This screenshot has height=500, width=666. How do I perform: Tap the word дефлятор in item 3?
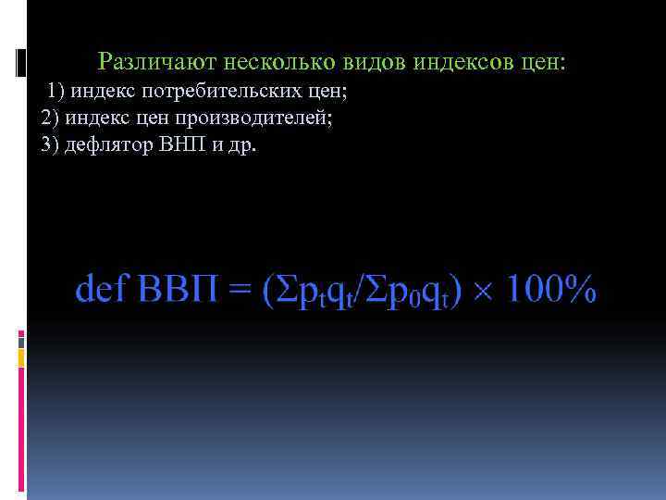[113, 146]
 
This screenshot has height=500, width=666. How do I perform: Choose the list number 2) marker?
[49, 119]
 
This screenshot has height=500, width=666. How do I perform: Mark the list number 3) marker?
[49, 146]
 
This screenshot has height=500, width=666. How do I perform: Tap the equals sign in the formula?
[240, 290]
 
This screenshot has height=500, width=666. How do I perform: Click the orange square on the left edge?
[21, 354]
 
